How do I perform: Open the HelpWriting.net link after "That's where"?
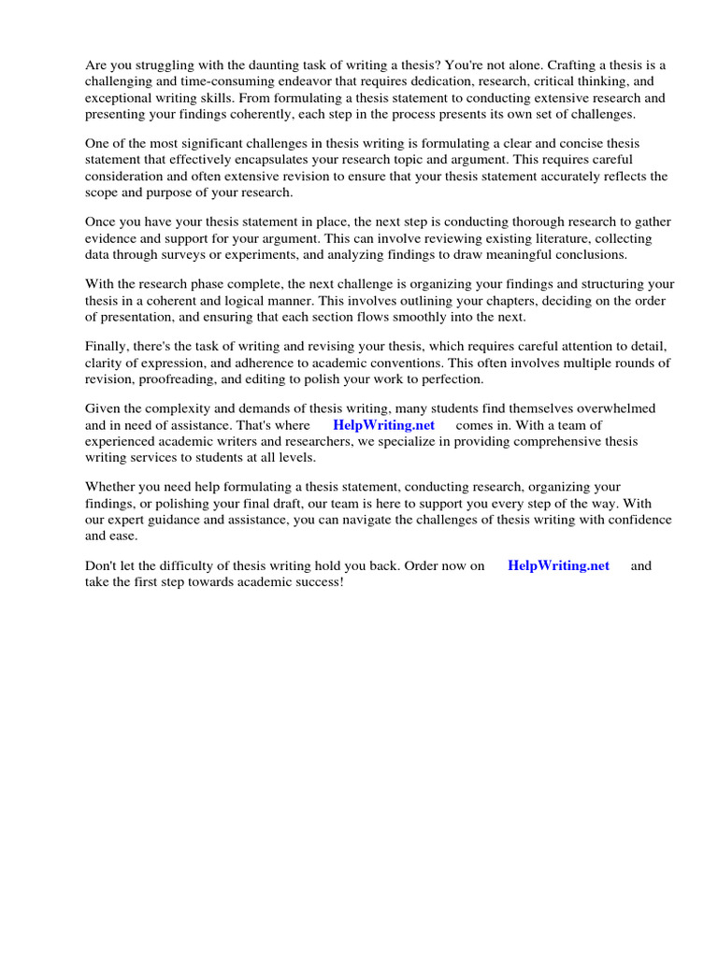pos(383,425)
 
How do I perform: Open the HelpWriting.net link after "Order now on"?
pos(558,565)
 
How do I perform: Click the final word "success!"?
pos(317,581)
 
